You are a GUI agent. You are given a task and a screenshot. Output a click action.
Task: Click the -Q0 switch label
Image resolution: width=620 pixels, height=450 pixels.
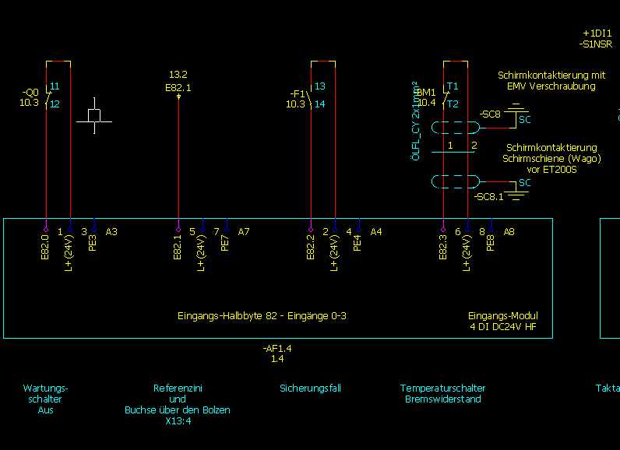[x=30, y=91]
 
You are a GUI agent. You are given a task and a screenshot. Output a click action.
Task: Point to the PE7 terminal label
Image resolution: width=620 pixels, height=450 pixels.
[x=226, y=242]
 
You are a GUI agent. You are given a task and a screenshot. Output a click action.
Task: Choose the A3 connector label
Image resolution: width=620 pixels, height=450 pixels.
[x=111, y=231]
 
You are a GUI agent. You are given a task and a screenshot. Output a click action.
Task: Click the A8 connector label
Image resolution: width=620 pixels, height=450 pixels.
[x=509, y=231]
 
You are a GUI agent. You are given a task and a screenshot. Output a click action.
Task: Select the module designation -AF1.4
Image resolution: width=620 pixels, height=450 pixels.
[x=277, y=349]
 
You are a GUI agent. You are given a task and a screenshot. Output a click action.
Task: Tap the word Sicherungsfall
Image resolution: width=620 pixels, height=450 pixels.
[x=310, y=388]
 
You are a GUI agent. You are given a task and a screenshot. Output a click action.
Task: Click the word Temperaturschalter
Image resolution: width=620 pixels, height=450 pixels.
[x=442, y=388]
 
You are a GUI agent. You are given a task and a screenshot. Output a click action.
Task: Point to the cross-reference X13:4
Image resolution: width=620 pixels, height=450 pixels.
[x=178, y=421]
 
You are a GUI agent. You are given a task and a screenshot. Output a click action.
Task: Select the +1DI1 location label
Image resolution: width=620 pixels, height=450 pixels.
[x=597, y=34]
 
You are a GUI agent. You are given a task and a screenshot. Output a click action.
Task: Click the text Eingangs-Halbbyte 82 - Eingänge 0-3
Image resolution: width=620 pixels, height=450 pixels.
[x=261, y=316]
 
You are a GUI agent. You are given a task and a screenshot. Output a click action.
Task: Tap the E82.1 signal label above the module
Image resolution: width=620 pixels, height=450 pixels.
[x=178, y=88]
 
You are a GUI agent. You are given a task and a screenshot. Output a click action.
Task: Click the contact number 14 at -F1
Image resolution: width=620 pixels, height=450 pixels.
[x=320, y=104]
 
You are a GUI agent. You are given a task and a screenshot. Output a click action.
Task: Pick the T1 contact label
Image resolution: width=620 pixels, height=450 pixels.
[x=453, y=86]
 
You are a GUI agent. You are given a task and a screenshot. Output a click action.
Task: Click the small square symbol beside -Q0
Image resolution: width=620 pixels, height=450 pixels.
[x=94, y=115]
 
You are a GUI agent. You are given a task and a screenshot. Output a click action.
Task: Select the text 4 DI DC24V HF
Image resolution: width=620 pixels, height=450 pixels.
[x=502, y=327]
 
